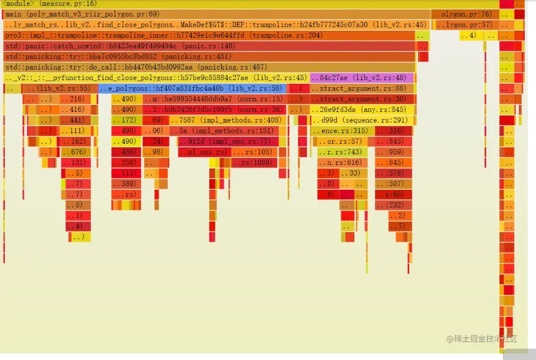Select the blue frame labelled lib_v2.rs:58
coord(192,88)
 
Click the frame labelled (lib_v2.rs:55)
coord(60,88)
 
